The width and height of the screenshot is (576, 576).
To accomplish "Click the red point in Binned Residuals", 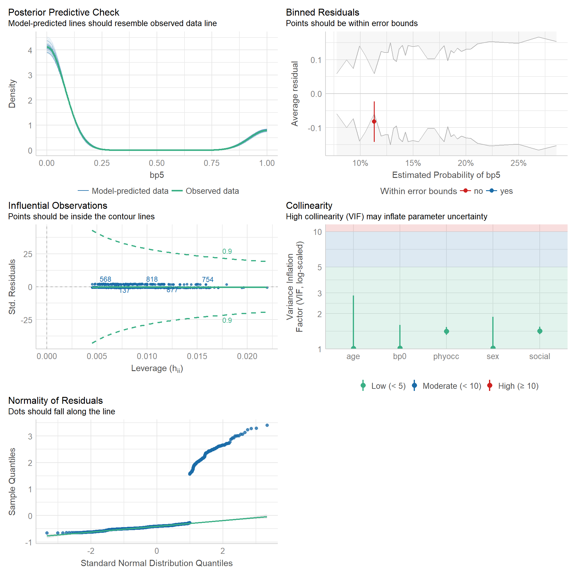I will pos(374,121).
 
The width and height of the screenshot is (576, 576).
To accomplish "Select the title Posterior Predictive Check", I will pos(64,12).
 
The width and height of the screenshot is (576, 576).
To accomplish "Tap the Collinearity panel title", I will pos(309,205).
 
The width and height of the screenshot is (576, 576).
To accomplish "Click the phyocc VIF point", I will pos(446,331).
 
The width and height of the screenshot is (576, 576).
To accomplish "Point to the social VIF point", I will pos(540,331).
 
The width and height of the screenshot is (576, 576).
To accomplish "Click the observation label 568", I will pos(105,279).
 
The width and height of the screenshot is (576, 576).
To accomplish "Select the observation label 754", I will pos(208,280).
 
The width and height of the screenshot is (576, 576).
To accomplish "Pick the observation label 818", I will pos(152,279).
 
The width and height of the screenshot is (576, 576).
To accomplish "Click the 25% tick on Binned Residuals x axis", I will pos(518,163).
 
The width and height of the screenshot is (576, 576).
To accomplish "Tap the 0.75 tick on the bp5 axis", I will pos(211,163).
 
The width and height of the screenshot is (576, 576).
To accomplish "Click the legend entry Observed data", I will pos(212,191).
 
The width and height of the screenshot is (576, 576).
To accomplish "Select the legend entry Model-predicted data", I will pos(130,191).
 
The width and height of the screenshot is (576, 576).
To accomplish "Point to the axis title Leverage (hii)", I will pos(157,368).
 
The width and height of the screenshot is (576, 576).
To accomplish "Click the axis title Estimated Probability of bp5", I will pos(446,175).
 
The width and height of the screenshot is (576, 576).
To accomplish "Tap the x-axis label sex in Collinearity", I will pos(493,356).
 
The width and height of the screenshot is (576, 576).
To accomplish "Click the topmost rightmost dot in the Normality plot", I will pos(267,425).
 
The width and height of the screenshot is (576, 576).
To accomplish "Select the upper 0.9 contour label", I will pos(227,251).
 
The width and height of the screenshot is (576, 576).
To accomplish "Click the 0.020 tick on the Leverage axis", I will pos(247,356).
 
